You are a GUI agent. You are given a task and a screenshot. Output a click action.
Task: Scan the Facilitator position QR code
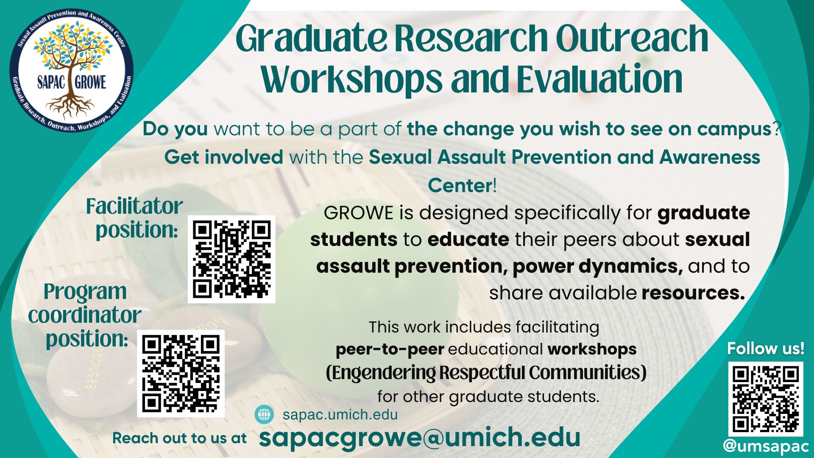(231, 259)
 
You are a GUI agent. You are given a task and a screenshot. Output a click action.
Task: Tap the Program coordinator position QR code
(181, 374)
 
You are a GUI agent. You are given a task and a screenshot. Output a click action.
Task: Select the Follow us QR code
(766, 399)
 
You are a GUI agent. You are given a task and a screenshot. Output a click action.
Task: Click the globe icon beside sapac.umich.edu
(264, 414)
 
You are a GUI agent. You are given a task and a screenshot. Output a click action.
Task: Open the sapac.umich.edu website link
(340, 414)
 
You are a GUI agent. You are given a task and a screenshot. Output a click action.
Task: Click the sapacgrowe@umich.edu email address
(419, 437)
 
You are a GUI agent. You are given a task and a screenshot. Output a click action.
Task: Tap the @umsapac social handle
(766, 446)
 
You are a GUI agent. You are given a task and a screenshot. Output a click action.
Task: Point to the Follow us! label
(766, 349)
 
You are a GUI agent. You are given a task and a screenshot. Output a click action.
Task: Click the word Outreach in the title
(632, 38)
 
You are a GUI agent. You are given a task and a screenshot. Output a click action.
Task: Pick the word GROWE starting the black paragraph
(359, 213)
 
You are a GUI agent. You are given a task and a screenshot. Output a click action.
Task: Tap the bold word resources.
(693, 293)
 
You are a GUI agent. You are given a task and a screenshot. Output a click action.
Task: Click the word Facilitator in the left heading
(134, 207)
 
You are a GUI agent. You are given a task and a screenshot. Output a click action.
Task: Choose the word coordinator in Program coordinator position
(85, 315)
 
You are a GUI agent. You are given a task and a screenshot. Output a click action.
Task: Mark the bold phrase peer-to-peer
(390, 349)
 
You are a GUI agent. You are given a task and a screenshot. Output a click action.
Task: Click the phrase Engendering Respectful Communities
(486, 373)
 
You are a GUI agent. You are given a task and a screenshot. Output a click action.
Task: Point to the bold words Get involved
(223, 157)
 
